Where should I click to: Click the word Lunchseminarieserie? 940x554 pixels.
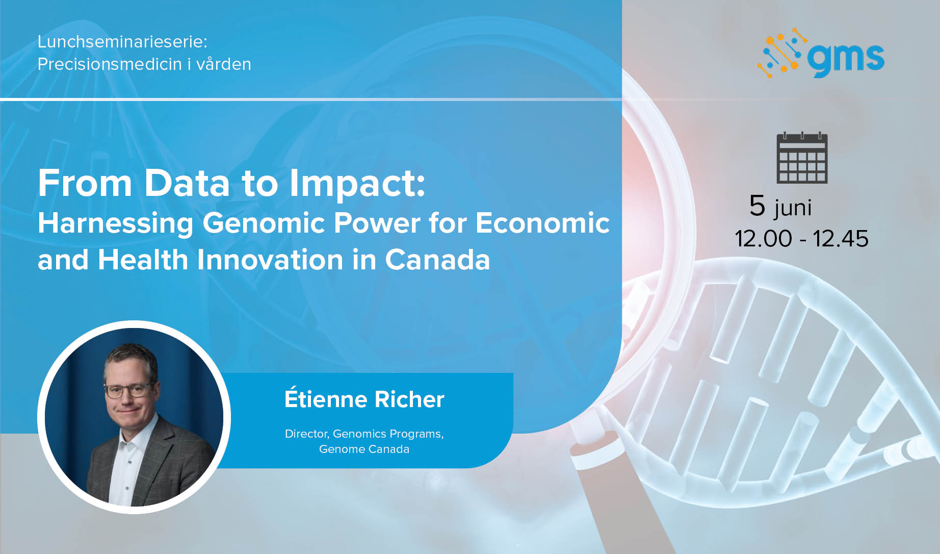pyautogui.click(x=122, y=42)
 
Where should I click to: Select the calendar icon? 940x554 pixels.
pyautogui.click(x=802, y=158)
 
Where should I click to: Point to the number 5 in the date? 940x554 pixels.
pyautogui.click(x=758, y=206)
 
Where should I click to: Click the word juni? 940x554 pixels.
pyautogui.click(x=793, y=208)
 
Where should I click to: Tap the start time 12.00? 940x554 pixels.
pyautogui.click(x=763, y=239)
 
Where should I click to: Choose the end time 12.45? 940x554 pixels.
pyautogui.click(x=841, y=239)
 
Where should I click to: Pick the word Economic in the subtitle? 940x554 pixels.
pyautogui.click(x=542, y=223)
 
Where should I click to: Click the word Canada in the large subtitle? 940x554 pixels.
pyautogui.click(x=437, y=260)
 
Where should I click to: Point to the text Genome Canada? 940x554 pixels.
pyautogui.click(x=364, y=449)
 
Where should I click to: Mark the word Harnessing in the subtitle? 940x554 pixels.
pyautogui.click(x=116, y=223)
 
